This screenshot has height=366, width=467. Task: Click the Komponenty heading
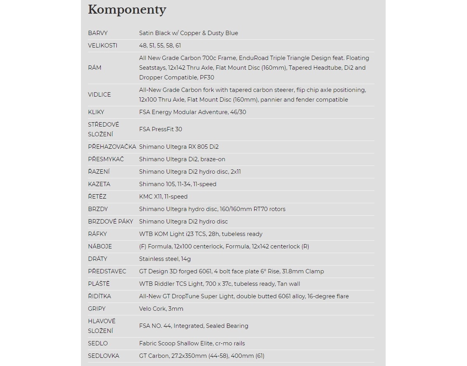[x=127, y=10]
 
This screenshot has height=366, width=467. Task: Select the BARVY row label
[x=98, y=33]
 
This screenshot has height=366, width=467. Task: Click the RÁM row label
[x=95, y=68]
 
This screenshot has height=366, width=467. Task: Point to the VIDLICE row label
[x=99, y=95]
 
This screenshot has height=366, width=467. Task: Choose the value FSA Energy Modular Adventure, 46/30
[x=193, y=112]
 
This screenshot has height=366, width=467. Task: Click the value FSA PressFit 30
[x=160, y=129]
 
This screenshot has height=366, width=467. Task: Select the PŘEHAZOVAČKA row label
[x=112, y=147]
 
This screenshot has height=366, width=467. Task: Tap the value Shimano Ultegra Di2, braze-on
[x=182, y=159]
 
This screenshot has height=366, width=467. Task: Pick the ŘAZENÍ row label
[x=99, y=172]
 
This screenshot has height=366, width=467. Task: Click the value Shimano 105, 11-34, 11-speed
[x=177, y=184]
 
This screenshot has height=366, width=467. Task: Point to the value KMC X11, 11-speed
[x=163, y=197]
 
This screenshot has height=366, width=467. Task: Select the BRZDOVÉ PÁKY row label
[x=111, y=222]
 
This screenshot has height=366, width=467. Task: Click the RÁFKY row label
[x=97, y=234]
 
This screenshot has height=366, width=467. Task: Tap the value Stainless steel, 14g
[x=165, y=259]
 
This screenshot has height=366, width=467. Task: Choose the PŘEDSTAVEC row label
[x=107, y=271]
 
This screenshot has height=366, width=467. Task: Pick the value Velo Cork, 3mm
[x=161, y=309]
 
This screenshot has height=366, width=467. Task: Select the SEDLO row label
[x=98, y=343]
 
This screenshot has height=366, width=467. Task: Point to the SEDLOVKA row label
[x=104, y=356]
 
